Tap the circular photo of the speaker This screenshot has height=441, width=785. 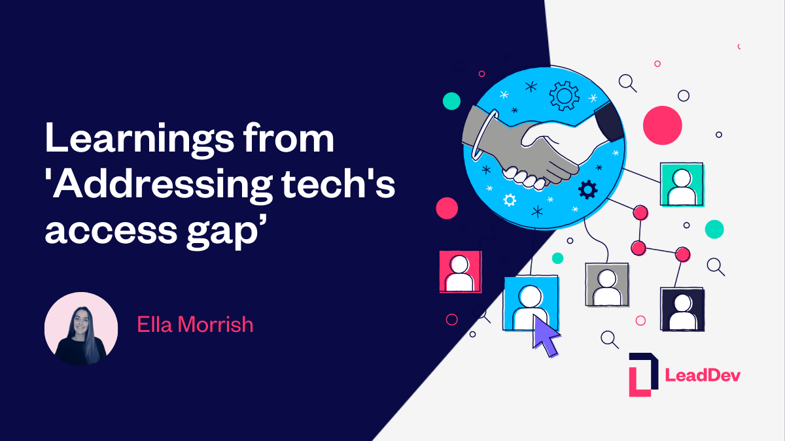(81, 329)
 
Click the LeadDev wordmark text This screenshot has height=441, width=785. (703, 375)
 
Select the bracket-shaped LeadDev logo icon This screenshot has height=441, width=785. (643, 374)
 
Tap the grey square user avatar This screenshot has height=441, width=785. (606, 285)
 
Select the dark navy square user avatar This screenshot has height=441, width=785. (682, 309)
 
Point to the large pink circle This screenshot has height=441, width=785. (662, 125)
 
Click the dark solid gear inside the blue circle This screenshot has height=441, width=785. (588, 189)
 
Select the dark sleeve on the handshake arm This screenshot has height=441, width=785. (608, 121)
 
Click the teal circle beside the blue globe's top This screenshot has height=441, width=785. (451, 101)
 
